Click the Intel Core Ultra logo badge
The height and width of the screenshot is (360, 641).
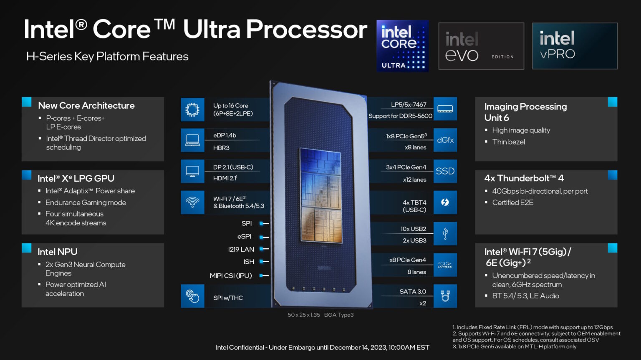tap(402, 46)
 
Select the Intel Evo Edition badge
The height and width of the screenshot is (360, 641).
tap(481, 46)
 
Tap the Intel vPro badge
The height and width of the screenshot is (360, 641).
tap(575, 46)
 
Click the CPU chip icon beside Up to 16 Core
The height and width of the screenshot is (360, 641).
tap(192, 110)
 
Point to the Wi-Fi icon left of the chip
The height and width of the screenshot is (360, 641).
tap(192, 202)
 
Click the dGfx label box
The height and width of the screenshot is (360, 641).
tap(445, 140)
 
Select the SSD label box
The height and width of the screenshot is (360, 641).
tap(445, 171)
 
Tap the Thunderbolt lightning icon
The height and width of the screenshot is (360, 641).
tap(445, 202)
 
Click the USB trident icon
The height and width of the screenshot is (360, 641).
tap(445, 234)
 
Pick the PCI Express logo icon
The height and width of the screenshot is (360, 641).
tap(445, 265)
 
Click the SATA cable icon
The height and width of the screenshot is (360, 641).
tap(445, 296)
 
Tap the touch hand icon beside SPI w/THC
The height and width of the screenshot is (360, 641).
tap(192, 296)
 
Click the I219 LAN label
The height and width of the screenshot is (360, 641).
tap(241, 249)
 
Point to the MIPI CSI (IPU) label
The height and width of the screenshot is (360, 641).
tap(231, 275)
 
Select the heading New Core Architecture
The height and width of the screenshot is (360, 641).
tap(86, 106)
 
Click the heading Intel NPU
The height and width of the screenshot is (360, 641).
tap(58, 252)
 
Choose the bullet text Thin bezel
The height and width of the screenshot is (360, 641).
tap(508, 142)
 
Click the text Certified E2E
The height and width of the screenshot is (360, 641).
tap(512, 202)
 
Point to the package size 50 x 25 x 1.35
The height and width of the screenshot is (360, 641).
tap(304, 315)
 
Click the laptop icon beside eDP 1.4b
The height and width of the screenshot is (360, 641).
tap(192, 140)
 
